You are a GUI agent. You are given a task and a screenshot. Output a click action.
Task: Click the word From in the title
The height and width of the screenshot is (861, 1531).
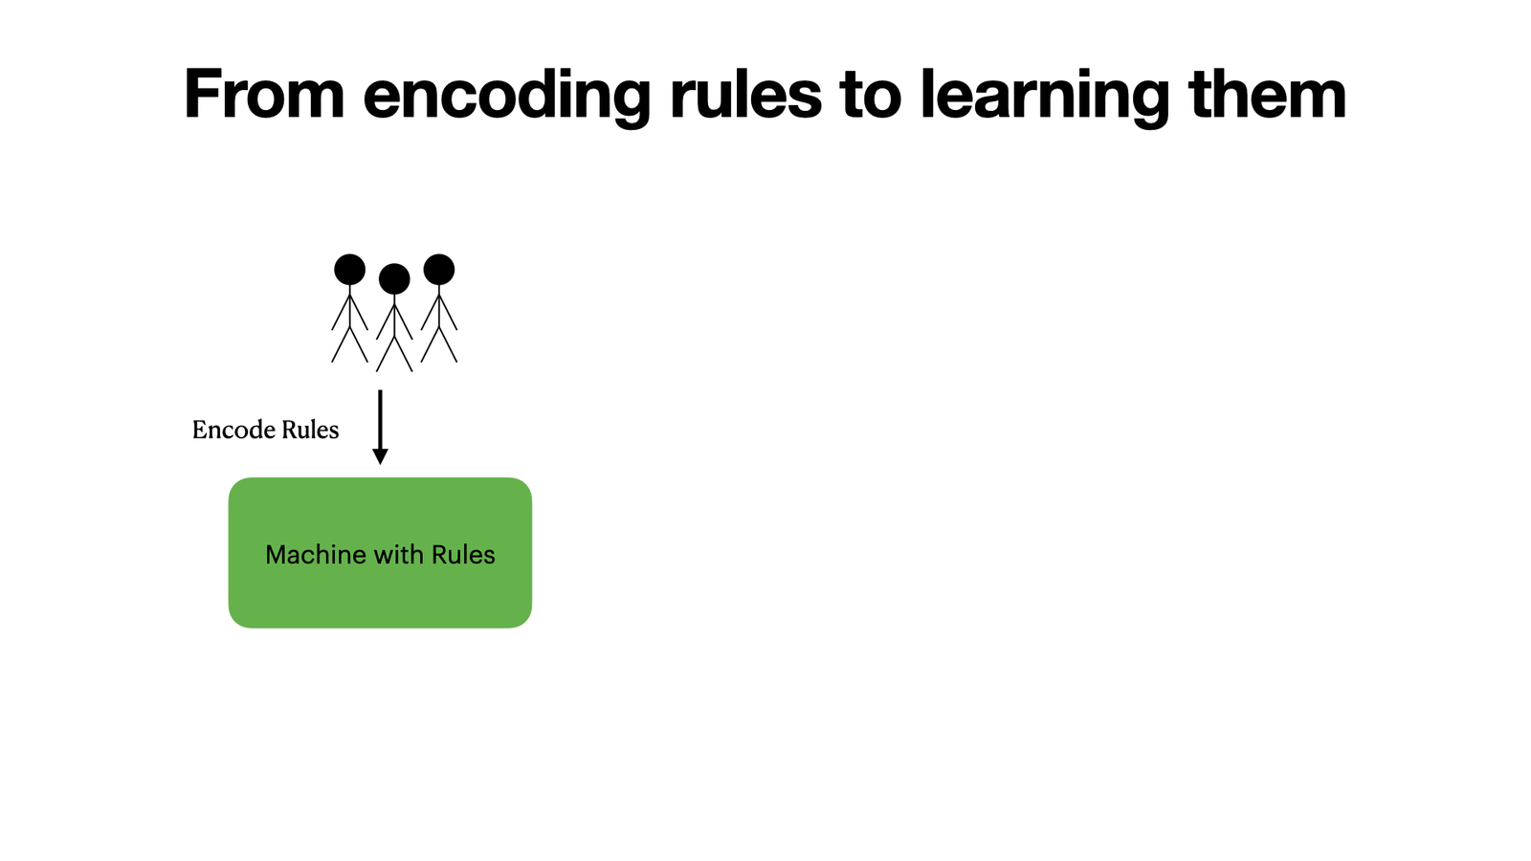pyautogui.click(x=264, y=94)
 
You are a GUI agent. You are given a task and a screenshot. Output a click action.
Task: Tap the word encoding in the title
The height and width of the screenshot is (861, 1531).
pyautogui.click(x=506, y=98)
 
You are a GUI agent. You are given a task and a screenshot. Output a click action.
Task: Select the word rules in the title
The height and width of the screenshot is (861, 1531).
pyautogui.click(x=745, y=94)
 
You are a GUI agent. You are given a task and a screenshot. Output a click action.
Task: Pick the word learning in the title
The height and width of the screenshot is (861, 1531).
pyautogui.click(x=1045, y=98)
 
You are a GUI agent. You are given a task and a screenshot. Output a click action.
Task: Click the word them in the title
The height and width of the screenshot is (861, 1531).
pyautogui.click(x=1268, y=94)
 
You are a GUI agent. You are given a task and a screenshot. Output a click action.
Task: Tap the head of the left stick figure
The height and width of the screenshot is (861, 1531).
pyautogui.click(x=349, y=269)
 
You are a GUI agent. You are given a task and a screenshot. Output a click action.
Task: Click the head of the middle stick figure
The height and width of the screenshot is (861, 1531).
pyautogui.click(x=394, y=278)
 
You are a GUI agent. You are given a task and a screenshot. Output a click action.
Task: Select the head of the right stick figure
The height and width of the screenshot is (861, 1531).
pyautogui.click(x=439, y=269)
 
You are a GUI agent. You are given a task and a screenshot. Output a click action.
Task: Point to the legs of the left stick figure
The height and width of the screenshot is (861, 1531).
pyautogui.click(x=349, y=344)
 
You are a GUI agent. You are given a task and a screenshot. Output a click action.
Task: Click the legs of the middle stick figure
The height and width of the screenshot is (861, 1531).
pyautogui.click(x=394, y=354)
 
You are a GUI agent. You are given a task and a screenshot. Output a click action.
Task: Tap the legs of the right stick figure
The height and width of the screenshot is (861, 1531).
pyautogui.click(x=439, y=344)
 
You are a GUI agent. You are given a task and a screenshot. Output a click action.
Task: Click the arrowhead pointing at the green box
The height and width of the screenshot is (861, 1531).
pyautogui.click(x=380, y=456)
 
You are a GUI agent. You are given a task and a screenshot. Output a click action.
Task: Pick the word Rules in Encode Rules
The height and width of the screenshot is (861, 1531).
pyautogui.click(x=310, y=430)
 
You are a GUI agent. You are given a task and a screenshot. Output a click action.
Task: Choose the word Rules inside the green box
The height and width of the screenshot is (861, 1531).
pyautogui.click(x=463, y=554)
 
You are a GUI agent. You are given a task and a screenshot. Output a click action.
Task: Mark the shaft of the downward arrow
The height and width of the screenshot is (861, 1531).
pyautogui.click(x=380, y=420)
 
